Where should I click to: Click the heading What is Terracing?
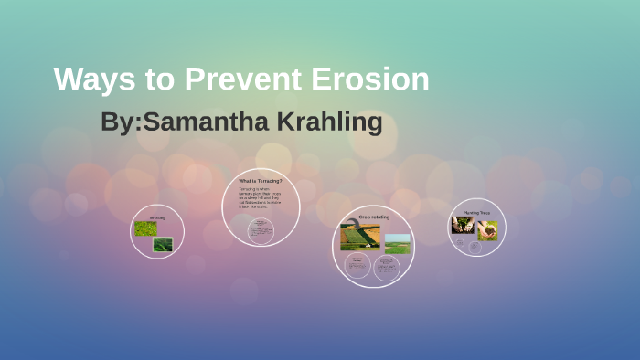pyautogui.click(x=261, y=182)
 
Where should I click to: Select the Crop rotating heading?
pyautogui.click(x=373, y=217)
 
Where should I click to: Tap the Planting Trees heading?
pyautogui.click(x=476, y=211)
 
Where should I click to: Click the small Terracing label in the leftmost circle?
pyautogui.click(x=156, y=217)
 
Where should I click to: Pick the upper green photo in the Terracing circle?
pyautogui.click(x=145, y=228)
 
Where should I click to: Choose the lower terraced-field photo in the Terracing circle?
pyautogui.click(x=163, y=244)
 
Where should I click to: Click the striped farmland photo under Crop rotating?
pyautogui.click(x=359, y=237)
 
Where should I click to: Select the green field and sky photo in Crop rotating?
pyautogui.click(x=398, y=242)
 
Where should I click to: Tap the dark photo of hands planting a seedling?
pyautogui.click(x=463, y=226)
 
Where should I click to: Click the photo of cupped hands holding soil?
pyautogui.click(x=487, y=229)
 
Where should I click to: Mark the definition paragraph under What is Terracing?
pyautogui.click(x=261, y=201)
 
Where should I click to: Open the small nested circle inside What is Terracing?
pyautogui.click(x=261, y=231)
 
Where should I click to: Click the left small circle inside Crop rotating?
pyautogui.click(x=357, y=266)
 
